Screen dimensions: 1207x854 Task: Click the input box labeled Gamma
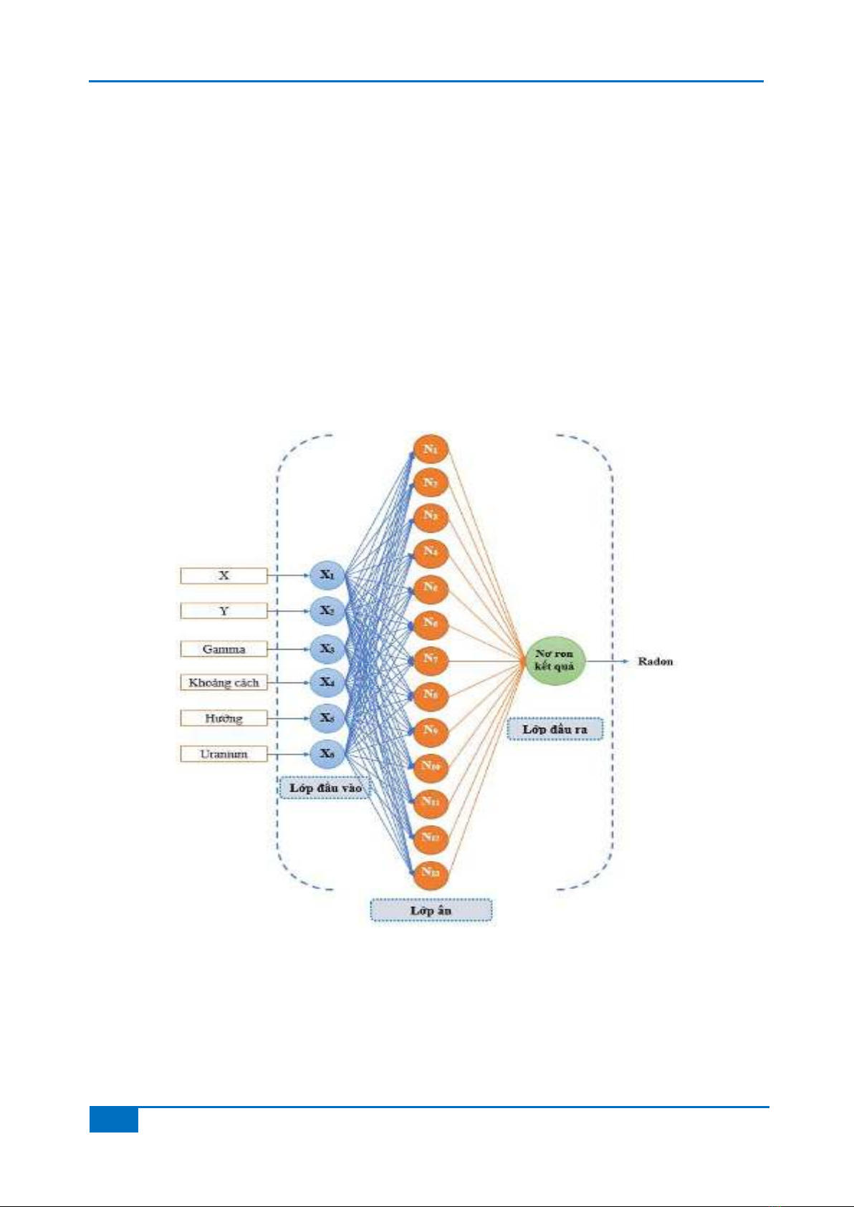(224, 649)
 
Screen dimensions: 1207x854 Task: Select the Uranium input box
(224, 754)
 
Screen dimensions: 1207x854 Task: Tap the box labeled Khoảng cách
(224, 683)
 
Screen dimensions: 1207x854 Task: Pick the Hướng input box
(224, 718)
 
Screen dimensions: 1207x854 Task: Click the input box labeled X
(224, 575)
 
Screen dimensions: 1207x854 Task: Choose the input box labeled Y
(224, 611)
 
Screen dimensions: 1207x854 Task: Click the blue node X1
(327, 574)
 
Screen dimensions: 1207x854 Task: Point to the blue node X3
(327, 648)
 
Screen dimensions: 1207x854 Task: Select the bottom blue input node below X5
(327, 753)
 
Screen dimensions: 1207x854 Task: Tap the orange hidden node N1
(430, 449)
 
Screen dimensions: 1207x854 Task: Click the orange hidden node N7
(430, 658)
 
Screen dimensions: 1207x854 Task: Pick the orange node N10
(430, 766)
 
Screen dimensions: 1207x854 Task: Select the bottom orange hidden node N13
(430, 872)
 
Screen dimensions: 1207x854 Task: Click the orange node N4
(430, 552)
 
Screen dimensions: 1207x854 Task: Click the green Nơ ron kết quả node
(555, 660)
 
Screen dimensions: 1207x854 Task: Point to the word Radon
(655, 661)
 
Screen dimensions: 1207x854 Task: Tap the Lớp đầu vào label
(325, 788)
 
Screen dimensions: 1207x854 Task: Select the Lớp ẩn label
(431, 910)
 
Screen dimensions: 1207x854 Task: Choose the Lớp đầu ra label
(555, 729)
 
